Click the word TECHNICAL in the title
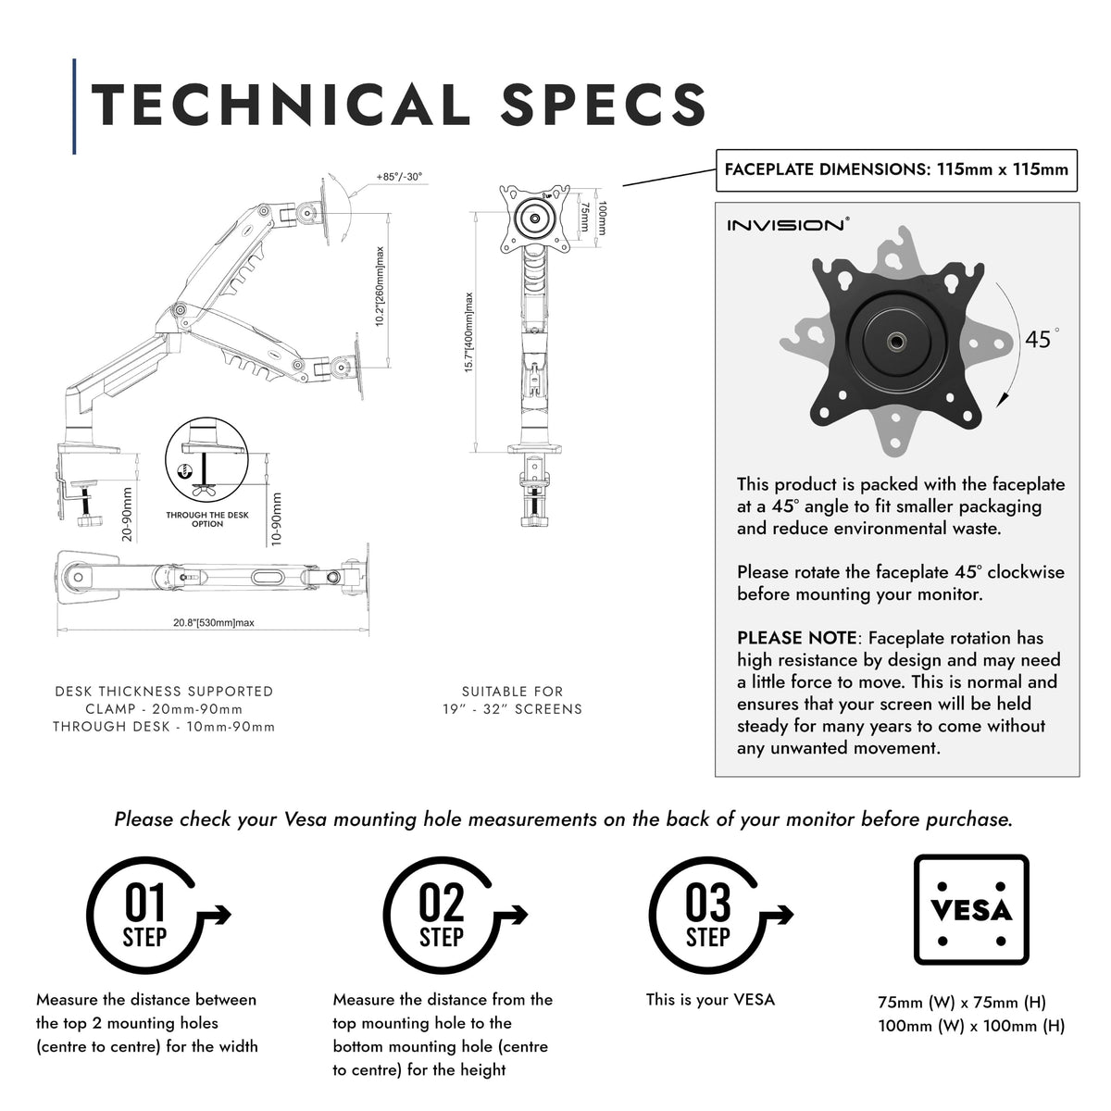(281, 104)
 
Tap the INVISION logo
(788, 225)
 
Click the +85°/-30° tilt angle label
(399, 177)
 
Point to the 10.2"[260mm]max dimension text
(380, 286)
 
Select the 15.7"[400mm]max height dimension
(468, 332)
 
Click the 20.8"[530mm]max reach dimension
(213, 623)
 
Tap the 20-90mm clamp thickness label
(127, 514)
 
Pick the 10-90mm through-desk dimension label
(276, 518)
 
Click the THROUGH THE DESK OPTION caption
(207, 518)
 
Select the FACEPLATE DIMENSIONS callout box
(896, 170)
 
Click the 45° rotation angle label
(1042, 339)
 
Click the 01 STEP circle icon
(144, 916)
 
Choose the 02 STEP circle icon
(441, 916)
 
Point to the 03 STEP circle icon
(707, 916)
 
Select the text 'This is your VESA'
(710, 1000)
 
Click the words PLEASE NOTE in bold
(797, 638)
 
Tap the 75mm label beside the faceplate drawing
(584, 217)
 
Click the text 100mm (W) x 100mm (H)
(971, 1026)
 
